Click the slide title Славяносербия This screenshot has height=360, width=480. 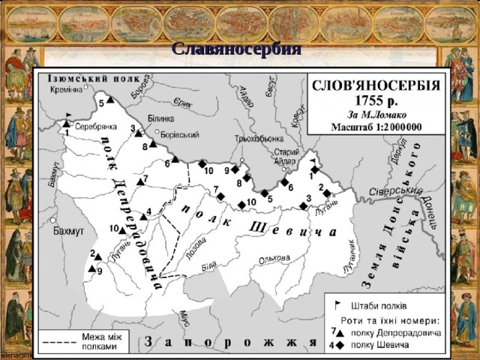point(236,50)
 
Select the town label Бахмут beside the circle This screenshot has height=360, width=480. point(68,231)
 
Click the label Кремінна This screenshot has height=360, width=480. point(69,89)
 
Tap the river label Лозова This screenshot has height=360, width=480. point(197,248)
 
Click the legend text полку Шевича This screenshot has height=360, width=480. point(379,344)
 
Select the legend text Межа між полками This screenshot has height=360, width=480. point(98,342)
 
